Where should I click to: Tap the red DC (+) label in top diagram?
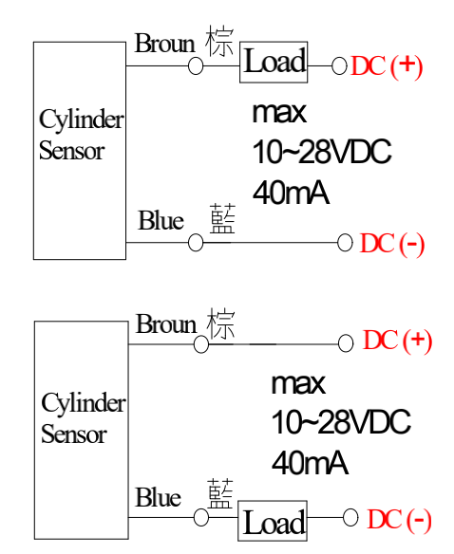[387, 66]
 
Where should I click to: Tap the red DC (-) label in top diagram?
[392, 244]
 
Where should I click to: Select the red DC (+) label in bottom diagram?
[397, 341]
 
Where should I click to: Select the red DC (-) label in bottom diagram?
[400, 520]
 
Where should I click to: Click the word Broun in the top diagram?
[165, 44]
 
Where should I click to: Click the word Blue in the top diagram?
[161, 220]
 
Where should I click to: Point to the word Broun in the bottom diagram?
[166, 324]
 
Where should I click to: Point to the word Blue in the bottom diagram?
[159, 497]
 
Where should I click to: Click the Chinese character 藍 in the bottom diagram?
[220, 493]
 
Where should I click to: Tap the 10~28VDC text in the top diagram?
[322, 152]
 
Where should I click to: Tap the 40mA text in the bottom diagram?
[310, 463]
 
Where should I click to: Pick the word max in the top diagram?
[279, 114]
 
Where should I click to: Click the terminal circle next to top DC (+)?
[339, 66]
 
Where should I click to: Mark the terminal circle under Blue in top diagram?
[196, 243]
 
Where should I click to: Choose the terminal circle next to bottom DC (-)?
[350, 517]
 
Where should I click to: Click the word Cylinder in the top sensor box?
[82, 120]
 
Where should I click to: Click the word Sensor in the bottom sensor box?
[74, 434]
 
